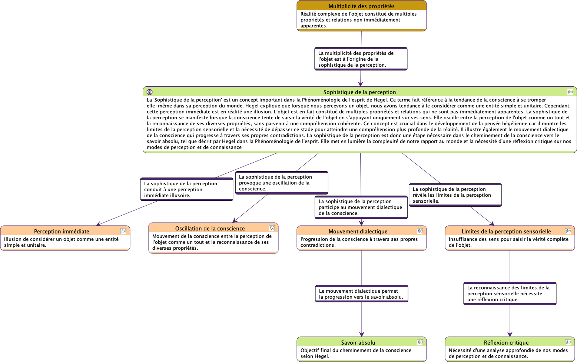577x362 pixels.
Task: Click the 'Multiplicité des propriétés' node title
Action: point(361,6)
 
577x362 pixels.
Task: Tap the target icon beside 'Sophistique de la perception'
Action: point(150,92)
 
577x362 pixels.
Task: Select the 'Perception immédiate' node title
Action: point(62,232)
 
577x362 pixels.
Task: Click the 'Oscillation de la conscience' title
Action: point(210,229)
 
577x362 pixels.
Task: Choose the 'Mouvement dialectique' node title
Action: point(358,232)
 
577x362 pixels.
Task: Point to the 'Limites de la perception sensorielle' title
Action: point(506,232)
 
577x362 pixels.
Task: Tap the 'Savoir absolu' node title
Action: point(358,343)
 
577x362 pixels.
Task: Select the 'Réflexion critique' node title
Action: point(506,343)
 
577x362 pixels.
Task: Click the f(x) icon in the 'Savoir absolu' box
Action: point(420,342)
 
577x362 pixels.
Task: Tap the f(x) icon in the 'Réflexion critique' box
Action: point(568,342)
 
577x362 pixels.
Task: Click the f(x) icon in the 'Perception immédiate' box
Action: point(123,231)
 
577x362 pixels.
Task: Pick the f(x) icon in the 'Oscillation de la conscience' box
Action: point(272,228)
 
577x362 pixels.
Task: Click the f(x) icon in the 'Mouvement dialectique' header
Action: point(420,231)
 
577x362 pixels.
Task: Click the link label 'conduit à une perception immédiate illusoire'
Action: point(186,189)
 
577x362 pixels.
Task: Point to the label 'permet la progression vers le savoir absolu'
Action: point(361,294)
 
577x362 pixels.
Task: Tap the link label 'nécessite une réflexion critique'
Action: point(510,294)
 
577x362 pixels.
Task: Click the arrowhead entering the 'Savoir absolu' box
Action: point(362,334)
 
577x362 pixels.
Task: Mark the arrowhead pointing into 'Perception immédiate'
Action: point(98,224)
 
